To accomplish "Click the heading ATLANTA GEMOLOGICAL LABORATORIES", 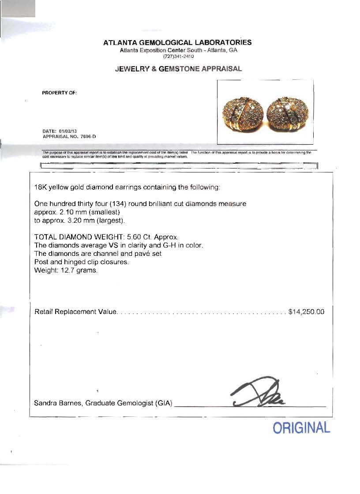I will pyautogui.click(x=177, y=43).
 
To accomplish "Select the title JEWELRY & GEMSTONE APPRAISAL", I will pyautogui.click(x=178, y=69).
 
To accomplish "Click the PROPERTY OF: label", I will pyautogui.click(x=60, y=93).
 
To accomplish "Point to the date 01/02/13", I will pyautogui.click(x=65, y=131).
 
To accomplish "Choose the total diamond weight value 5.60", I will pyautogui.click(x=135, y=237).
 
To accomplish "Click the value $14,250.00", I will pyautogui.click(x=306, y=312).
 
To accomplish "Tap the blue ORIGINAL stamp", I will pyautogui.click(x=301, y=427).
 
